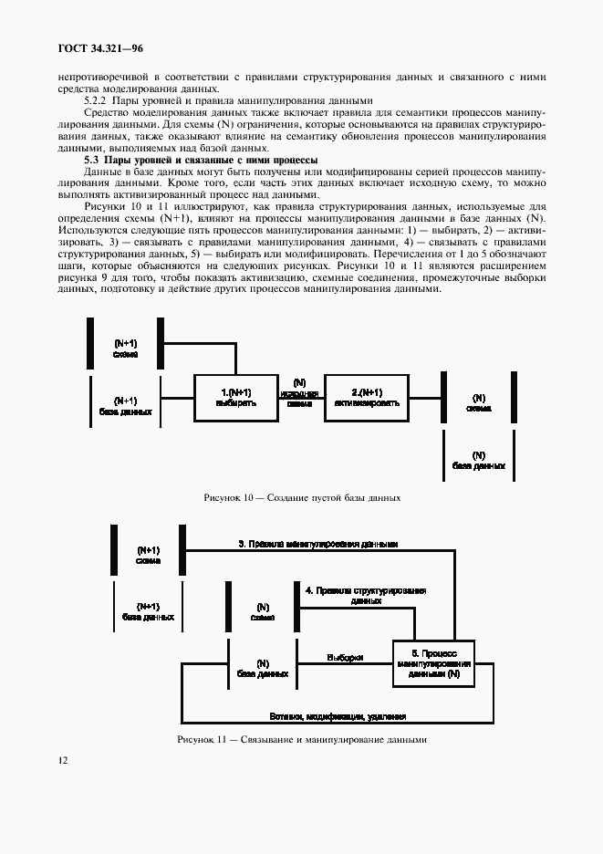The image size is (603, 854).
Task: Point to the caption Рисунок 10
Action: pos(302,498)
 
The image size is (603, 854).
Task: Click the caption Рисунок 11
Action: pos(302,739)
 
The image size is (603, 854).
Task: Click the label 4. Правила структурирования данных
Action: pos(365,596)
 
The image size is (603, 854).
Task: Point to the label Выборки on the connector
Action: pos(345,657)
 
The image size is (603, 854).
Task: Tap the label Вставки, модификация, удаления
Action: pos(338,716)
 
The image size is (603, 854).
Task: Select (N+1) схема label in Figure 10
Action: pos(125,347)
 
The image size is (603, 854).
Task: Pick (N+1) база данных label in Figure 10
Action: pos(125,406)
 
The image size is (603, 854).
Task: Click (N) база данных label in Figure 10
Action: pos(478,460)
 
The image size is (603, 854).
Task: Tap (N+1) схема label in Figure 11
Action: pos(148,556)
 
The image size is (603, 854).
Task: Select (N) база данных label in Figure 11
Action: pos(262,668)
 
